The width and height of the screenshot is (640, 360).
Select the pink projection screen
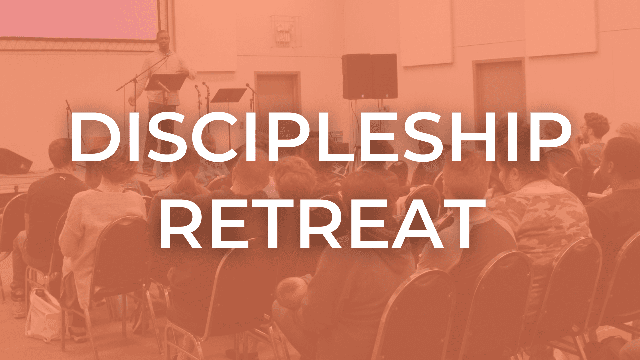(x=79, y=19)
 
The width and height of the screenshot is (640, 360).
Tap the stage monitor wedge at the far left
(x=15, y=162)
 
